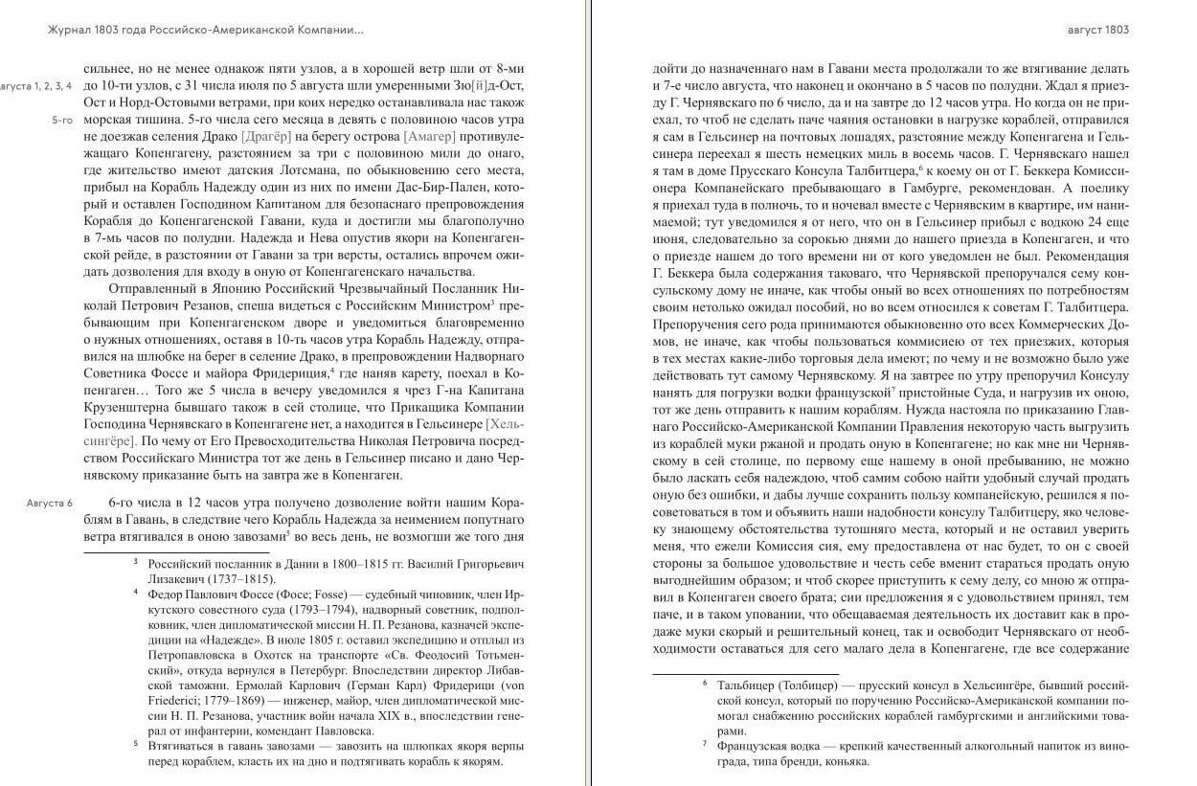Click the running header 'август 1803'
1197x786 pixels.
(1097, 30)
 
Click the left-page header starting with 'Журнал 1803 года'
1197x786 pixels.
(205, 30)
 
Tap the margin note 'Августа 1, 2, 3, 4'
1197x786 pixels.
(36, 86)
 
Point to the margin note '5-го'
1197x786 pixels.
(62, 122)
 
